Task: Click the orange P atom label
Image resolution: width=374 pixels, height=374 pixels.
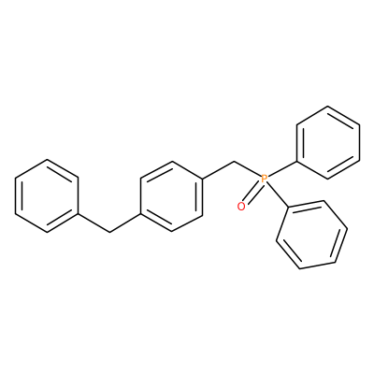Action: click(265, 179)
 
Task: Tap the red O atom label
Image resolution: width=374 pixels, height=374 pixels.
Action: click(241, 206)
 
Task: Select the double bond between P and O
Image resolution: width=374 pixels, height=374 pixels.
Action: click(252, 194)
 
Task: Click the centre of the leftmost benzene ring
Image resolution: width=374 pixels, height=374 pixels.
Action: click(47, 196)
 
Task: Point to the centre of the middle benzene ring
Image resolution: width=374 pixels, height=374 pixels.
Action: click(172, 196)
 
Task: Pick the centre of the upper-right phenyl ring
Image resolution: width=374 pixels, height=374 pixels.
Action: click(328, 142)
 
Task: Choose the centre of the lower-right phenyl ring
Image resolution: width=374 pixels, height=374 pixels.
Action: click(311, 235)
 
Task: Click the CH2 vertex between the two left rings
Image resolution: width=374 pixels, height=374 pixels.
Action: click(109, 232)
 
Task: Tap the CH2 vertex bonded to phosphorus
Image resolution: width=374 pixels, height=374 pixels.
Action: click(234, 162)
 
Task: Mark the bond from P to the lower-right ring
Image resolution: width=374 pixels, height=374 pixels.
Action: click(278, 194)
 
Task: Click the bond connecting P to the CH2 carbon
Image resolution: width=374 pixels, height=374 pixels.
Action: click(247, 169)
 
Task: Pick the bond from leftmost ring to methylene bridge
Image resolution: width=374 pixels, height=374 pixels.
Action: click(93, 223)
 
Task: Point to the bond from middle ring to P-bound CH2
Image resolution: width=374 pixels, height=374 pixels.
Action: click(219, 170)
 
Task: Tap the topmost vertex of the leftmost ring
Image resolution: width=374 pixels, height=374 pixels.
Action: click(47, 160)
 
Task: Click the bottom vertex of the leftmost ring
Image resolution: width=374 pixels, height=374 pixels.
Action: click(47, 232)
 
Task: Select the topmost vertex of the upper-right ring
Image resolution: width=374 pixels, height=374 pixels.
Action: click(328, 107)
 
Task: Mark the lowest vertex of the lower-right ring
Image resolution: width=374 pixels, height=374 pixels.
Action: click(299, 268)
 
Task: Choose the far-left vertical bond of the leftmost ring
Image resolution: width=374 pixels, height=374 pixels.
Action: click(16, 196)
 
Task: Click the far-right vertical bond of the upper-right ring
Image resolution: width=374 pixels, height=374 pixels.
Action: click(360, 142)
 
